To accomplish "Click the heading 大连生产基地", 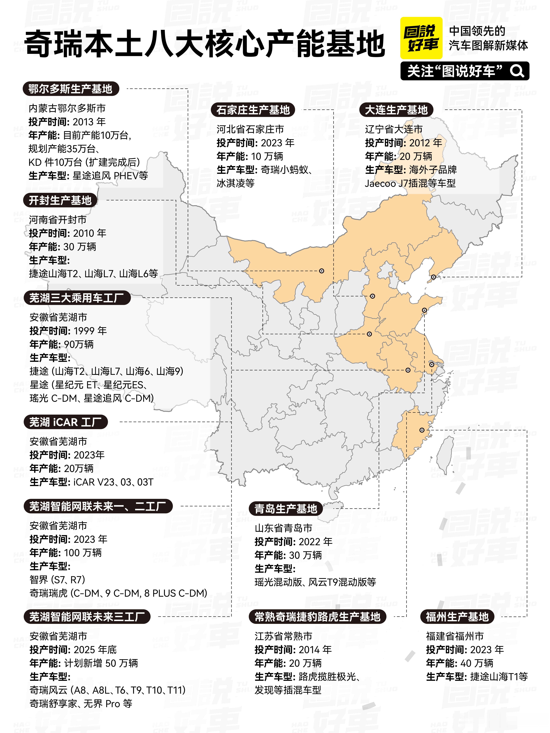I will point(396,110).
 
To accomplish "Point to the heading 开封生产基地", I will point(60,200).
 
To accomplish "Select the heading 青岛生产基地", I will point(286,509).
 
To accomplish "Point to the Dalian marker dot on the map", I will point(433,277).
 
